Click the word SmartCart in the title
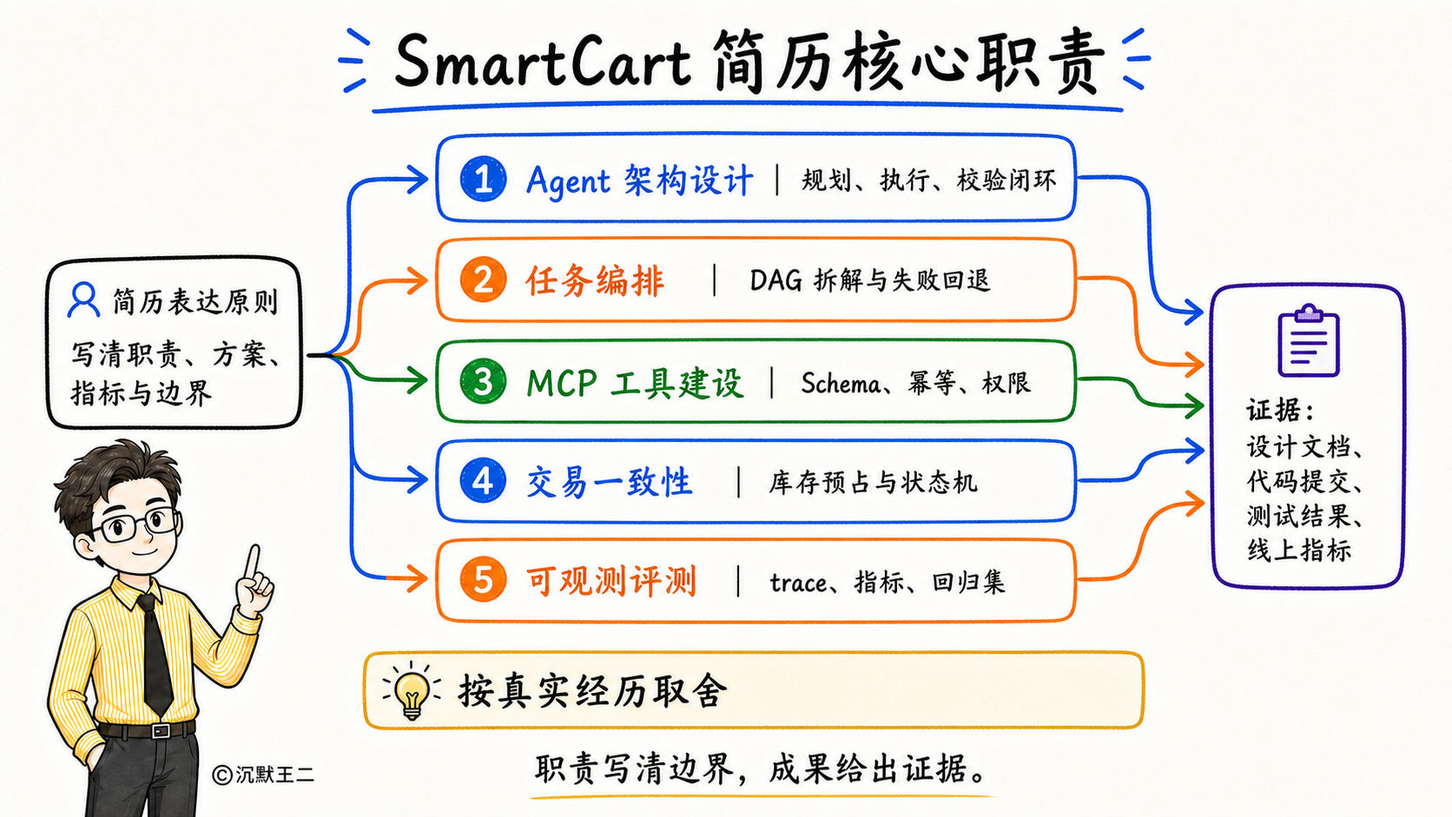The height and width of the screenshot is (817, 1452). (x=544, y=63)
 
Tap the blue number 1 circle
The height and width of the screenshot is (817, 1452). (x=483, y=179)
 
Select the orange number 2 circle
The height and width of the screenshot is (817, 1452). (x=483, y=280)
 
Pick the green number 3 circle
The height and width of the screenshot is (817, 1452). (x=483, y=382)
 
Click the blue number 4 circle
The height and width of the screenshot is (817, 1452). (x=483, y=481)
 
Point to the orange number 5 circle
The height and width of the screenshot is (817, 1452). (x=483, y=579)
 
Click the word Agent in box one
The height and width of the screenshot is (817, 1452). (x=569, y=181)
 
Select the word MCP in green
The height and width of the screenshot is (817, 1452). (x=561, y=383)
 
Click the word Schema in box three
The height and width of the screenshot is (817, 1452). (x=841, y=384)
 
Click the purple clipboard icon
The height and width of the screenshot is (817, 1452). (x=1309, y=340)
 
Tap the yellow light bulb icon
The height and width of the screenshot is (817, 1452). (x=412, y=691)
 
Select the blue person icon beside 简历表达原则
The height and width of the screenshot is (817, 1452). (x=83, y=300)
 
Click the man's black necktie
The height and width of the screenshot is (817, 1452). (x=155, y=655)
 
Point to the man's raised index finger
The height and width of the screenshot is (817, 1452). (x=252, y=563)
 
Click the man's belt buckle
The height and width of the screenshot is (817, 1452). (x=160, y=731)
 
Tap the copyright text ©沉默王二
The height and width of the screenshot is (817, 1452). (x=263, y=774)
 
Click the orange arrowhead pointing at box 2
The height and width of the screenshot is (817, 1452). (x=416, y=280)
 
